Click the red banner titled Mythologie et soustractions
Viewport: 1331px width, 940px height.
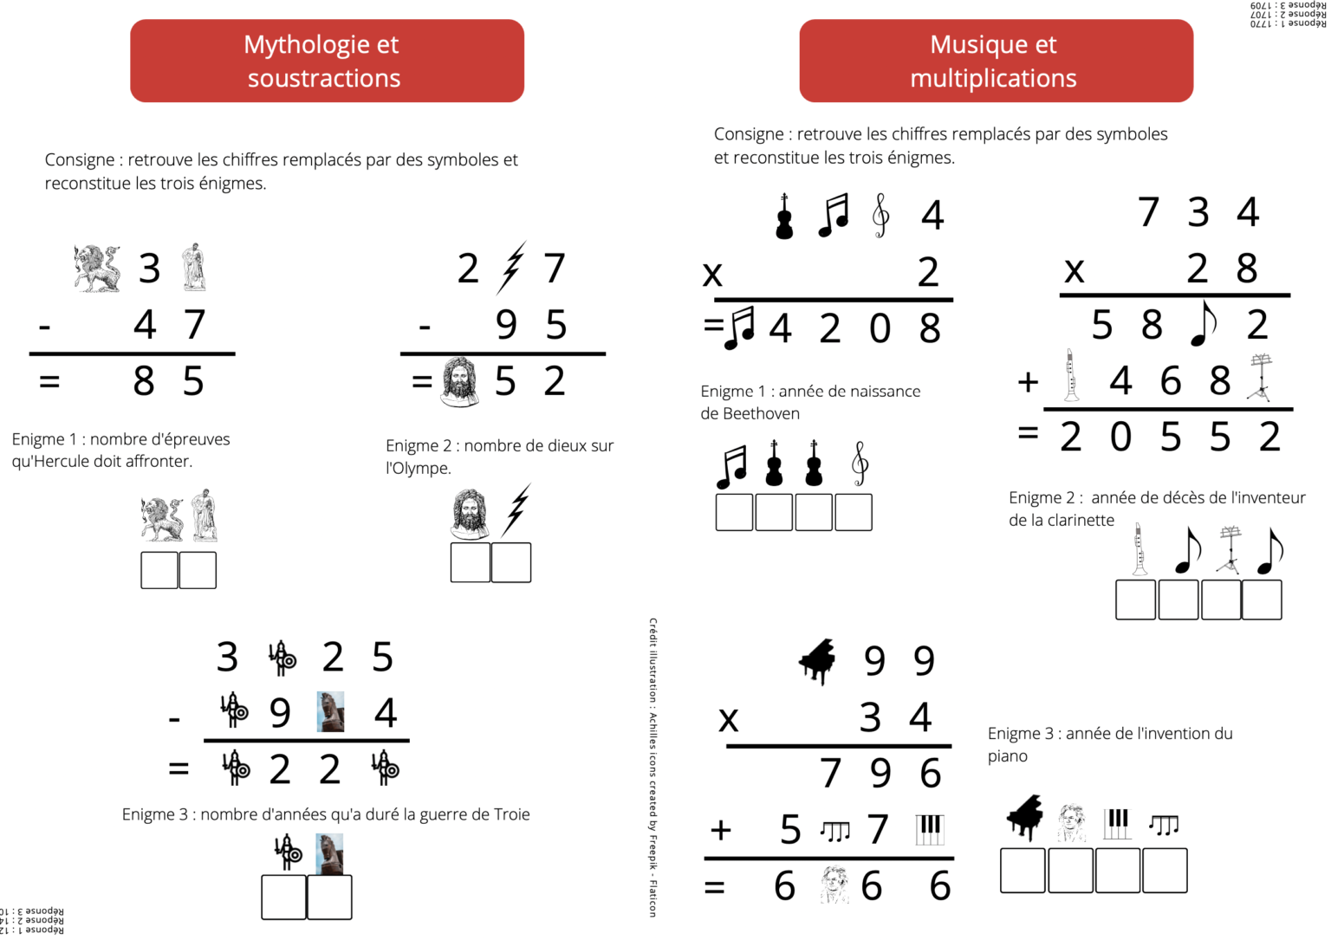[x=327, y=61]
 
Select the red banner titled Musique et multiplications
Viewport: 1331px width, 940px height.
[x=996, y=61]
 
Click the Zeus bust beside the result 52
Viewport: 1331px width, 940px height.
[x=459, y=381]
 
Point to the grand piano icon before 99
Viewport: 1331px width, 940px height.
[x=816, y=662]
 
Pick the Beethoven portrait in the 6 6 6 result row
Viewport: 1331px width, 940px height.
[x=834, y=885]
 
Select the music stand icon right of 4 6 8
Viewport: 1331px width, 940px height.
[x=1261, y=378]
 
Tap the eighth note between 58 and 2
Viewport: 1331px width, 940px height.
[x=1203, y=323]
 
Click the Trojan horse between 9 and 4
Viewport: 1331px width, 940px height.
[x=330, y=712]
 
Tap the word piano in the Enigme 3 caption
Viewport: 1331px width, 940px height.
[x=1007, y=756]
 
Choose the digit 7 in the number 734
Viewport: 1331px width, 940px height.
[x=1148, y=212]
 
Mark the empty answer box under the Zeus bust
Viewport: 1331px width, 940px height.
[x=471, y=563]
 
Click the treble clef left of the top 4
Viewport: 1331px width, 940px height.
[x=880, y=215]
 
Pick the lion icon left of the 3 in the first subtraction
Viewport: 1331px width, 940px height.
[x=97, y=269]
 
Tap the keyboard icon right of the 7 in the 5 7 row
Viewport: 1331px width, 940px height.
[x=929, y=829]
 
